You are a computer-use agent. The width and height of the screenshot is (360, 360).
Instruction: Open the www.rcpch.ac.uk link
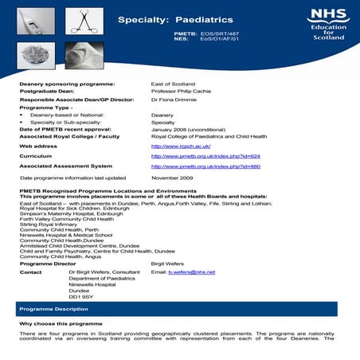pyautogui.click(x=180, y=146)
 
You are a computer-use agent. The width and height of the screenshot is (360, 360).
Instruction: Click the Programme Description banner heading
pyautogui.click(x=49, y=307)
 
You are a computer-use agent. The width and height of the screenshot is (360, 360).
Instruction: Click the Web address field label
pyautogui.click(x=37, y=147)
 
